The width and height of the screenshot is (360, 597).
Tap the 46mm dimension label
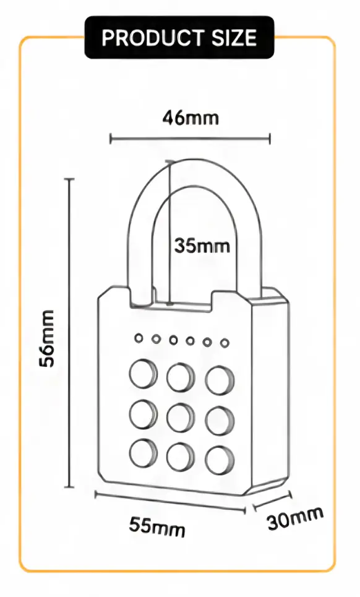click(191, 118)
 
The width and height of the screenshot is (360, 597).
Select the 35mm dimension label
click(202, 246)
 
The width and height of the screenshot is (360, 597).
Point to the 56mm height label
click(47, 338)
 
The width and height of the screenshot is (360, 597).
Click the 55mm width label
click(156, 526)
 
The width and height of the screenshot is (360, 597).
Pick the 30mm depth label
click(295, 518)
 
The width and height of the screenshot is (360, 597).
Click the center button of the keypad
click(181, 417)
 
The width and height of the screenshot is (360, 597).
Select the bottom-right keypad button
click(220, 460)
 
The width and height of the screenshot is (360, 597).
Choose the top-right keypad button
click(220, 380)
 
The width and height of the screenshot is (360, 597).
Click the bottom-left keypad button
click(143, 453)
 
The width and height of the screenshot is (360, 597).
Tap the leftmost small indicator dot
click(139, 338)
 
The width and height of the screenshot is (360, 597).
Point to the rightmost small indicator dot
click(225, 343)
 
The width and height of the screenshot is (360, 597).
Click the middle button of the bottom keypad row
click(181, 457)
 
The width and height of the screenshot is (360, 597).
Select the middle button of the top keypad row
click(181, 377)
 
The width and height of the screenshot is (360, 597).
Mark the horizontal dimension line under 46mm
click(191, 139)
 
